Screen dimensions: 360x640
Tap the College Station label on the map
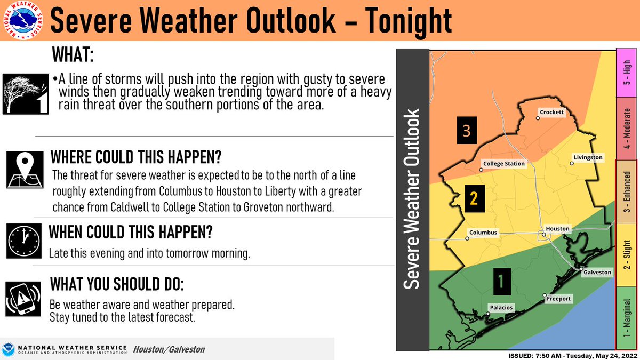(504, 164)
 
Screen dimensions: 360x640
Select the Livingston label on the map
(588, 157)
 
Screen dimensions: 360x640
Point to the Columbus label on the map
(483, 233)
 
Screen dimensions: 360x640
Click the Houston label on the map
(558, 229)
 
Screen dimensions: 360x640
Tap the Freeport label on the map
(559, 299)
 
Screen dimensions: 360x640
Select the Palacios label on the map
(501, 308)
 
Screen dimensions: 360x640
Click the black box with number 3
(466, 131)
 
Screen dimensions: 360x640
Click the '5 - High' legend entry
(627, 74)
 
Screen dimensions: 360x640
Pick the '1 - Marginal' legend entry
(627, 318)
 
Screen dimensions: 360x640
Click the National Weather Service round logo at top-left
(22, 21)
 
